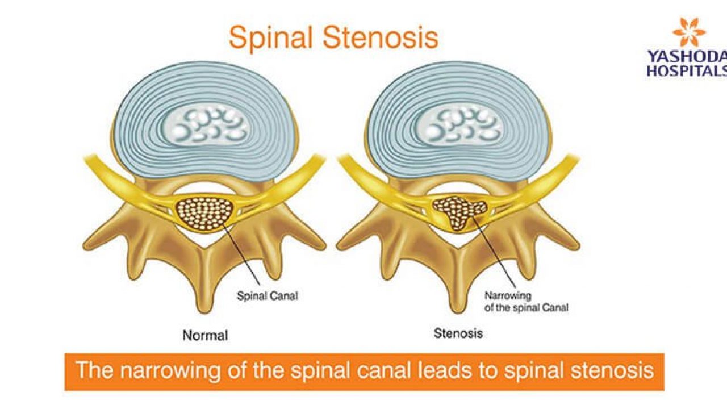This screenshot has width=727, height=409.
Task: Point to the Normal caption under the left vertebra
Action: [205, 335]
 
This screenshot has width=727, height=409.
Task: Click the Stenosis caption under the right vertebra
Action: [458, 333]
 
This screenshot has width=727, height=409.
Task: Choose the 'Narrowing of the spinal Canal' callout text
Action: [526, 302]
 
